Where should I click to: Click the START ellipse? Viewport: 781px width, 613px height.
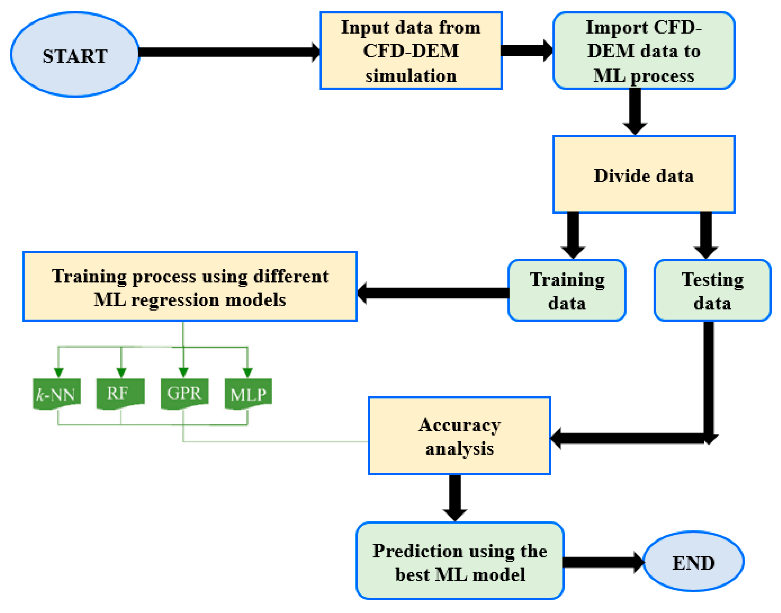pyautogui.click(x=75, y=55)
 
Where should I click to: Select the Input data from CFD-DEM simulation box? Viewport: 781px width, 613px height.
pyautogui.click(x=411, y=51)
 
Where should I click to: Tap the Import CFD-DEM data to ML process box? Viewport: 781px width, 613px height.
pyautogui.click(x=644, y=51)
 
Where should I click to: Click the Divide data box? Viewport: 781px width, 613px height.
pyautogui.click(x=644, y=174)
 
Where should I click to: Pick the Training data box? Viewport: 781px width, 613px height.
pyautogui.click(x=567, y=290)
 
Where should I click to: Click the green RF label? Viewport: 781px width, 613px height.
pyautogui.click(x=120, y=393)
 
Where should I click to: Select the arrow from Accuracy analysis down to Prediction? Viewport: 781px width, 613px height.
pyautogui.click(x=455, y=497)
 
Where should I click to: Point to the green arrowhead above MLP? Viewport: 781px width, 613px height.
pyautogui.click(x=247, y=372)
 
